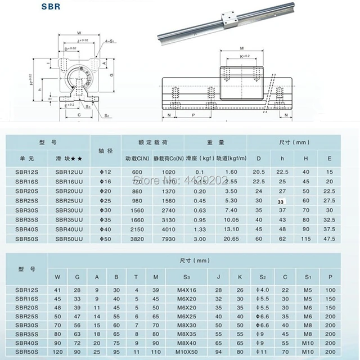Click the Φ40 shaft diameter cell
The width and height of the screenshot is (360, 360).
pos(105,229)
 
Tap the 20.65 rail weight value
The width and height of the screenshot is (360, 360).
pos(231,239)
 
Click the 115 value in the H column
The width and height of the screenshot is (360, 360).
pos(306,239)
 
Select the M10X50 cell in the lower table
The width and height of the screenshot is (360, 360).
pos(187,352)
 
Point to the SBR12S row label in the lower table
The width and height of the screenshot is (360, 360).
pos(24,290)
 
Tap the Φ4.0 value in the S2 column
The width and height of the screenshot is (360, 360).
pos(262,290)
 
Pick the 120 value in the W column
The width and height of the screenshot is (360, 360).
pos(57,352)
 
